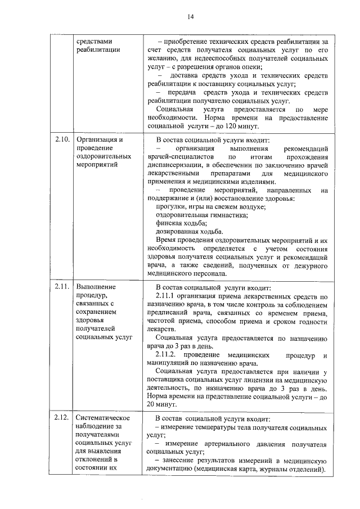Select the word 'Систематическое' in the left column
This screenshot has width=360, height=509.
(x=103, y=418)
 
